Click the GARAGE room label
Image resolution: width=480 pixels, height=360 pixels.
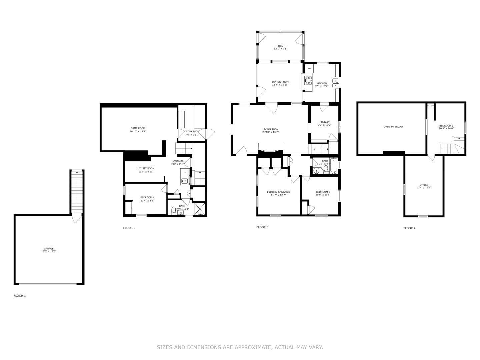click(x=49, y=249)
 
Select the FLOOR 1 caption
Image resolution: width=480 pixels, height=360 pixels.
click(x=20, y=296)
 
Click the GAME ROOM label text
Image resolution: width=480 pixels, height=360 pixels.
click(x=138, y=128)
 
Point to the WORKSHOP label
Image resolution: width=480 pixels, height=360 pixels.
click(x=192, y=132)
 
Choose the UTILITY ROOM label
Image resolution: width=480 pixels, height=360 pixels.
click(x=146, y=168)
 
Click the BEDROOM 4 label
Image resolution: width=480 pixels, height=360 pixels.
click(x=147, y=197)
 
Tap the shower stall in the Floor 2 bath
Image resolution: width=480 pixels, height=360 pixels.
click(x=200, y=209)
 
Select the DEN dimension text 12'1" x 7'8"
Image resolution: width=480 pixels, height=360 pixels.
click(x=281, y=49)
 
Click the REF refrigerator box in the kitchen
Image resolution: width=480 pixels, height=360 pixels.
click(x=309, y=68)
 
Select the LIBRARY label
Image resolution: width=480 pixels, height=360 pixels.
click(x=324, y=122)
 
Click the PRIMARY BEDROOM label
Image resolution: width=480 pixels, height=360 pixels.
click(x=278, y=192)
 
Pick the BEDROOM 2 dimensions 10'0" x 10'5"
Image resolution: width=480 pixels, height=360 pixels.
click(x=323, y=195)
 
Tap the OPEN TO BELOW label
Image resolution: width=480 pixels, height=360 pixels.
click(x=393, y=127)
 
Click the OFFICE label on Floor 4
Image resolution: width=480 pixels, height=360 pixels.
click(x=424, y=185)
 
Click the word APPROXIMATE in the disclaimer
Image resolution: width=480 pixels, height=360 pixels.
click(x=253, y=347)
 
